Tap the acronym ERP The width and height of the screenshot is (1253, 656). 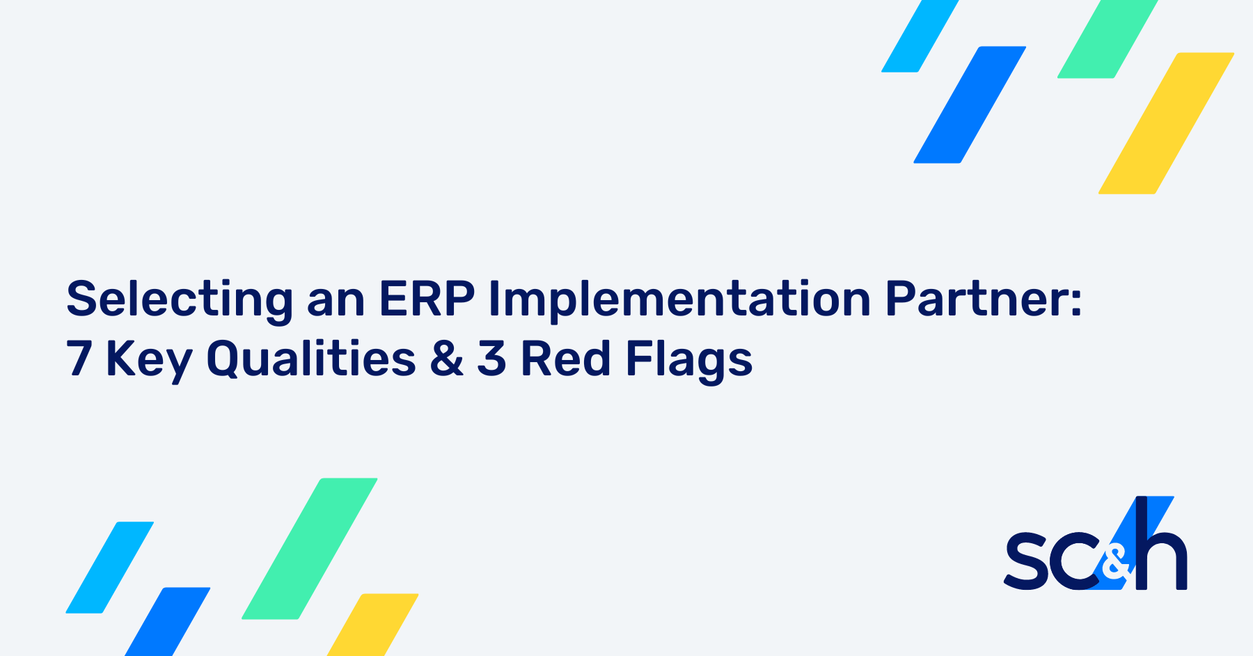click(x=426, y=299)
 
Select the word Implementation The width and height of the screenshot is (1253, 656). click(x=679, y=299)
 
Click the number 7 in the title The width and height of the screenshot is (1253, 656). click(x=79, y=359)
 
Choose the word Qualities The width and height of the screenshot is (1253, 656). click(x=311, y=359)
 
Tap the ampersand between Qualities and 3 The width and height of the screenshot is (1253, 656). click(x=446, y=359)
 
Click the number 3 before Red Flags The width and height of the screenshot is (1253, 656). click(x=491, y=359)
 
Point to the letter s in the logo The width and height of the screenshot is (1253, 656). click(x=1026, y=561)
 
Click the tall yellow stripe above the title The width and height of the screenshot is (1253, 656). click(x=1166, y=123)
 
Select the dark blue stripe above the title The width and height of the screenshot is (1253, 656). click(x=970, y=104)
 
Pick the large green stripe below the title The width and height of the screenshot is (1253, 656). click(x=310, y=548)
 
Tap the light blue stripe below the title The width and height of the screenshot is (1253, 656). click(x=110, y=567)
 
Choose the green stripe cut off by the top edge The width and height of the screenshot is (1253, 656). click(x=1108, y=38)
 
